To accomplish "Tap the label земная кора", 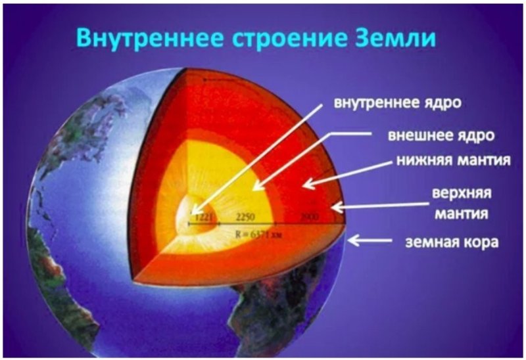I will [442, 242].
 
